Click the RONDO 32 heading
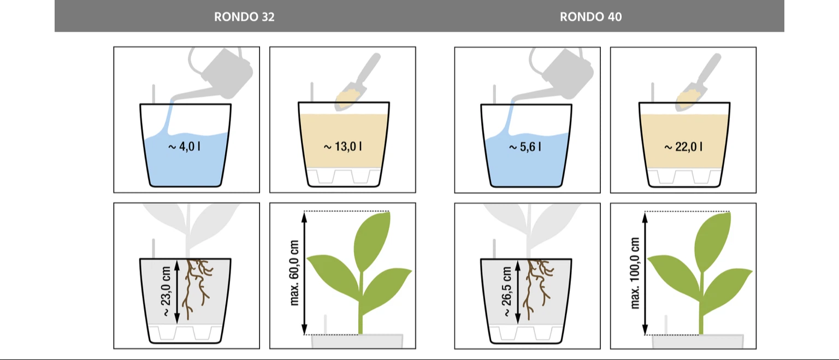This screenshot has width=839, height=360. pyautogui.click(x=244, y=17)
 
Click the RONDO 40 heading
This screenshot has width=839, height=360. pyautogui.click(x=590, y=17)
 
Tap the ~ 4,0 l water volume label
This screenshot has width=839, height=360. pyautogui.click(x=184, y=146)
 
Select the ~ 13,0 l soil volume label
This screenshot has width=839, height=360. pyautogui.click(x=342, y=146)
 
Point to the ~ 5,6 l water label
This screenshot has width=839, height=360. pyautogui.click(x=525, y=147)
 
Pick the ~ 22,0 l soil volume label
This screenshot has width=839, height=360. pyautogui.click(x=683, y=147)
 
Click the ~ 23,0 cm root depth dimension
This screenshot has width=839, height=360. pyautogui.click(x=166, y=291)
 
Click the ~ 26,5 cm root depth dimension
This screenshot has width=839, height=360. pyautogui.click(x=506, y=291)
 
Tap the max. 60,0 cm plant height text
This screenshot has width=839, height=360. pyautogui.click(x=294, y=273)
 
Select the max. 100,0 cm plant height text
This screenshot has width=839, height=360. pyautogui.click(x=635, y=273)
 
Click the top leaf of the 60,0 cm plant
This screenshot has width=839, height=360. pyautogui.click(x=372, y=241)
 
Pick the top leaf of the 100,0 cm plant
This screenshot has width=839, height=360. pyautogui.click(x=712, y=241)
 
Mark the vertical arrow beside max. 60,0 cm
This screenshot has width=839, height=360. pyautogui.click(x=304, y=273)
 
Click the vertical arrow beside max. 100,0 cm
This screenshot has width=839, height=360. pyautogui.click(x=645, y=273)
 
